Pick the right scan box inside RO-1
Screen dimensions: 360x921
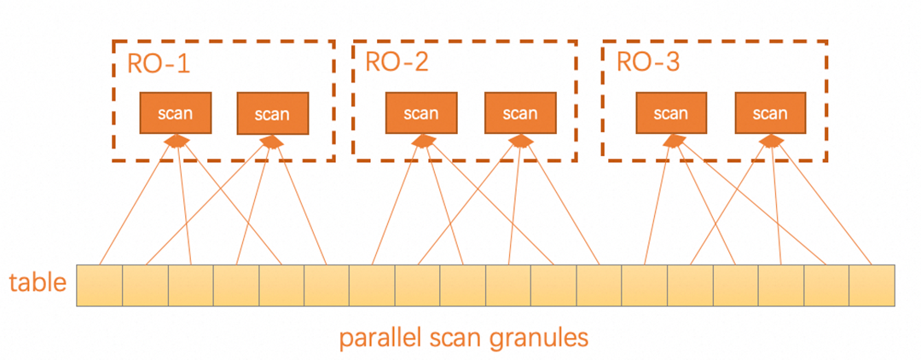(x=273, y=114)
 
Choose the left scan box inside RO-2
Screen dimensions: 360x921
(x=420, y=113)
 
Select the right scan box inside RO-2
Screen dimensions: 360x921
(x=519, y=113)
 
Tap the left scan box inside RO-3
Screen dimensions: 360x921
(x=670, y=113)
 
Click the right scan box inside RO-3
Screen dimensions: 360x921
(x=770, y=113)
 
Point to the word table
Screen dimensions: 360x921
(x=38, y=282)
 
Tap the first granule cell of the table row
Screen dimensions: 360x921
(x=100, y=286)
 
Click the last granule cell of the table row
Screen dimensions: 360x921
(x=872, y=286)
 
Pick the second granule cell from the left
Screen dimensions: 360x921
(x=146, y=286)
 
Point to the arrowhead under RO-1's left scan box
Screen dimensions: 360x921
(x=177, y=142)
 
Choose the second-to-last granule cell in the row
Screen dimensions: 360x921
(x=826, y=286)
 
